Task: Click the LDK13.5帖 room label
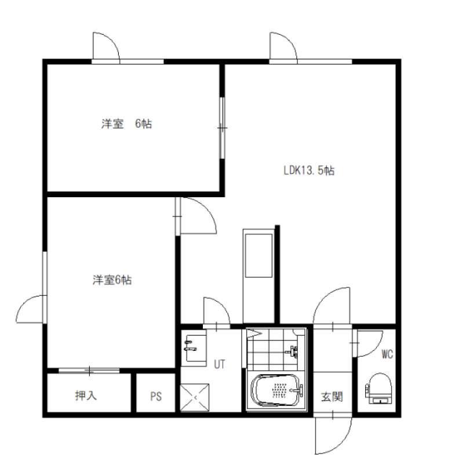click(x=309, y=171)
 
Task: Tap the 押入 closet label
click(x=86, y=396)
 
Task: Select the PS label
click(x=156, y=396)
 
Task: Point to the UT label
click(x=219, y=364)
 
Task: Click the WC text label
click(x=387, y=354)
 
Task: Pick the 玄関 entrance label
click(x=332, y=397)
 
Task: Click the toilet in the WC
click(x=378, y=389)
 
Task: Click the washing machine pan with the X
click(x=195, y=398)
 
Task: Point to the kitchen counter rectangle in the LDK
click(x=259, y=256)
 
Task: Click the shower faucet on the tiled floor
click(x=293, y=351)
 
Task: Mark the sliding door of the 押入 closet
click(x=89, y=370)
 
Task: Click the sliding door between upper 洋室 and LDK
click(x=223, y=128)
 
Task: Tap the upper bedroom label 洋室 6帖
click(x=126, y=124)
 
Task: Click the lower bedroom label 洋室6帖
click(x=112, y=280)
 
